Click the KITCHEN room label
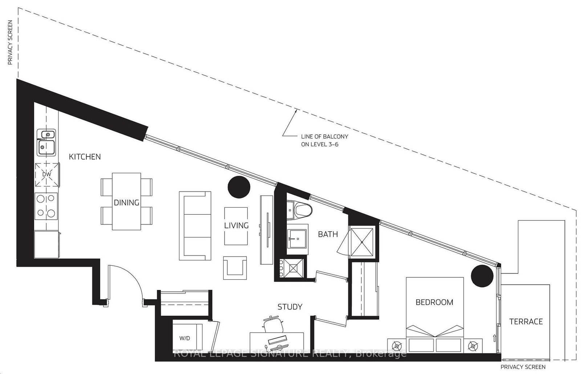pos(85,157)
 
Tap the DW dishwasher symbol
pos(47,174)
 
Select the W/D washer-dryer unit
pos(185,338)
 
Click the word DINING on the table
pos(126,202)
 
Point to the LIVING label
pos(236,225)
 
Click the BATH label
pos(328,234)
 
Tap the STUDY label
pos(289,307)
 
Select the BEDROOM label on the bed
pos(434,302)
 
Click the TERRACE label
pos(526,321)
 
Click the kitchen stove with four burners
pos(46,205)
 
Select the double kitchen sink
pos(46,142)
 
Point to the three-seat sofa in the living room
pos(195,225)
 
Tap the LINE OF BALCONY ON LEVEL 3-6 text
pos(324,140)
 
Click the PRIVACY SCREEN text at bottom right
pos(523,367)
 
